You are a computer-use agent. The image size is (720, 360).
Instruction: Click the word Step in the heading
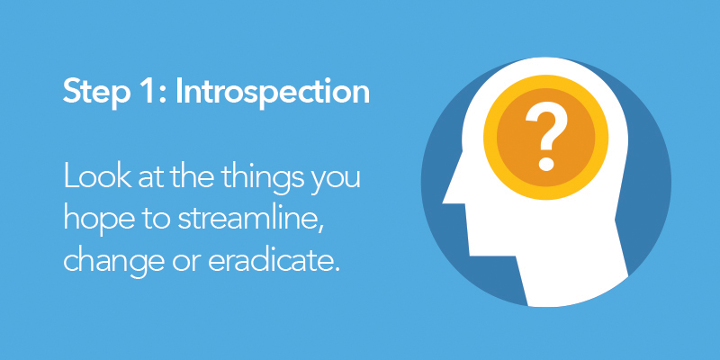(x=96, y=93)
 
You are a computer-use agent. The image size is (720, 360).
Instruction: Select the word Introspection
(x=273, y=93)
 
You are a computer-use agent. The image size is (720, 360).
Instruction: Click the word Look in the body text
(x=97, y=176)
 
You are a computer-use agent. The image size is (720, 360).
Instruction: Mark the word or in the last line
(x=186, y=263)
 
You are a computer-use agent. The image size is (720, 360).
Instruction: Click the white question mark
(x=546, y=137)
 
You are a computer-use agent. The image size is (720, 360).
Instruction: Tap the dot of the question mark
(x=546, y=163)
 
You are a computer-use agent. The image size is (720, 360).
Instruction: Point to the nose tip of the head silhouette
(x=444, y=201)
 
